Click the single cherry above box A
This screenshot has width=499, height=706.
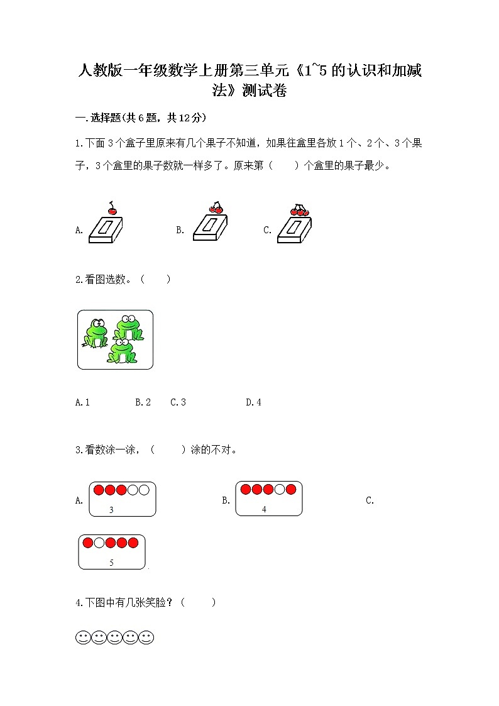pos(112,210)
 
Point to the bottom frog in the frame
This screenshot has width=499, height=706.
pos(122,351)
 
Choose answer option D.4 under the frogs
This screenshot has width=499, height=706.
pos(253,402)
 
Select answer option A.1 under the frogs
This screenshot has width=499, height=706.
pos(82,402)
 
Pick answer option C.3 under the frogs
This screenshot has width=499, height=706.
pos(178,402)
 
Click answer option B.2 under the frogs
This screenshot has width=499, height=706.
pos(143,402)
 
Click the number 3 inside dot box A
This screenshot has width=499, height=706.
pos(111,510)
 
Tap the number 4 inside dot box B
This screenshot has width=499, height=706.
pos(264,509)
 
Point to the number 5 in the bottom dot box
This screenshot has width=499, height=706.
pos(111,563)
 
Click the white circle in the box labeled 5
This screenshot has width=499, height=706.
pos(99,543)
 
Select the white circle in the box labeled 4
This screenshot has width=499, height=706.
pos(279,489)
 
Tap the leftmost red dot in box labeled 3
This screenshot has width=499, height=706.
pos(99,490)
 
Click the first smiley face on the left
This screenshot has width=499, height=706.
pos(83,638)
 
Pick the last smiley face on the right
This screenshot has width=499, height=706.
pos(146,638)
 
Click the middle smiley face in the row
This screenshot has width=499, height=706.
pos(114,638)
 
